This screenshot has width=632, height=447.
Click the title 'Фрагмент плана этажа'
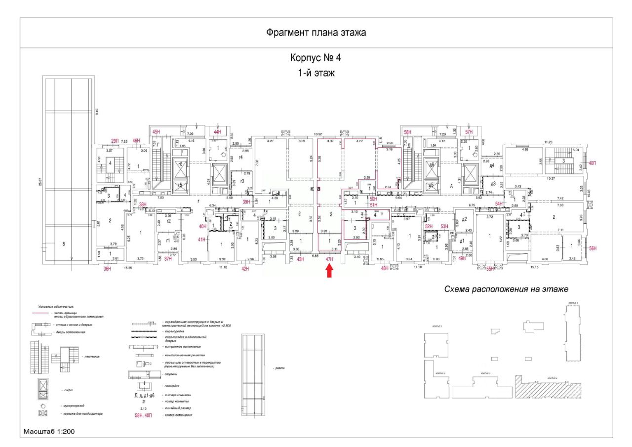click(x=316, y=33)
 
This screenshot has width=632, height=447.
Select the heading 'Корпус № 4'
click(x=316, y=58)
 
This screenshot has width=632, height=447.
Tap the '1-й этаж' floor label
click(x=316, y=74)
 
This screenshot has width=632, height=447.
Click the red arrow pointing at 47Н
click(x=330, y=271)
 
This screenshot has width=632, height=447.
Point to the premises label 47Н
click(x=330, y=259)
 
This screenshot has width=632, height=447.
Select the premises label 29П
click(x=115, y=141)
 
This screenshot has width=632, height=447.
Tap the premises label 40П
click(x=592, y=163)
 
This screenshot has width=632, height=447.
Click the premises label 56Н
click(x=592, y=249)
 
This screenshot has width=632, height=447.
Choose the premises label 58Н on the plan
click(x=407, y=132)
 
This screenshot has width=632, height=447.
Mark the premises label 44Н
click(x=217, y=132)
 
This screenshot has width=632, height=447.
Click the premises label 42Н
click(x=245, y=269)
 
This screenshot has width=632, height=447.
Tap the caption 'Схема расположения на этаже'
click(x=506, y=289)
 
